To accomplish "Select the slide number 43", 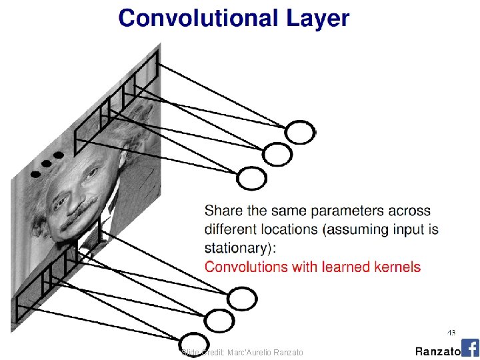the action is [451, 332].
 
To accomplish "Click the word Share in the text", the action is [224, 211].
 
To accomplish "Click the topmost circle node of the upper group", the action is [300, 133].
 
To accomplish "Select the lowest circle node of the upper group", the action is [252, 178].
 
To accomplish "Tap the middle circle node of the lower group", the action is [219, 321].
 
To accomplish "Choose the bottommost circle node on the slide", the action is [193, 343].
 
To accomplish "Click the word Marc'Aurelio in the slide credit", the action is [251, 352].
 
